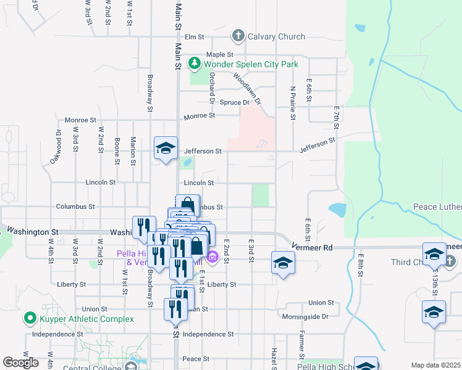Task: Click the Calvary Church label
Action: click(x=276, y=37)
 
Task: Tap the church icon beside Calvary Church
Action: click(x=238, y=36)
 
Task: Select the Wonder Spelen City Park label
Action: click(x=251, y=64)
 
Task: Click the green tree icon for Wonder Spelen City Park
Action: click(x=196, y=64)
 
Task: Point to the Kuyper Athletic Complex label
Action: click(x=86, y=319)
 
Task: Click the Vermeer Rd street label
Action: click(x=314, y=247)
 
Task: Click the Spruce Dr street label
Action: click(x=236, y=102)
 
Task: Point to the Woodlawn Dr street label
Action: click(x=247, y=88)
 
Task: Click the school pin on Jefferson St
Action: click(x=166, y=148)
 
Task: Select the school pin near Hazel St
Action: click(x=283, y=263)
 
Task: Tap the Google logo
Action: click(x=20, y=363)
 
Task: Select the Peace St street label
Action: click(x=192, y=359)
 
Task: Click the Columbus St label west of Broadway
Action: click(x=75, y=207)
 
